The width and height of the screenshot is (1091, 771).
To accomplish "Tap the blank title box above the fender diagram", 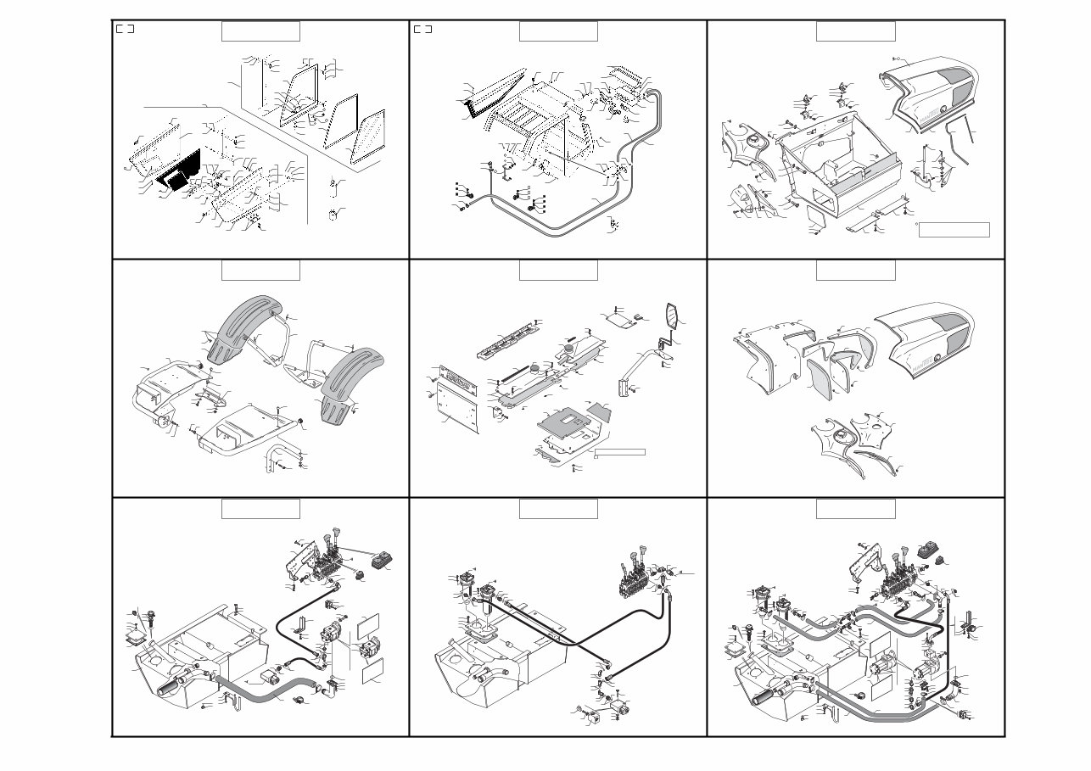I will tap(260, 270).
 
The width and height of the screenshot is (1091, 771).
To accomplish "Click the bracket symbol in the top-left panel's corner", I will tap(125, 29).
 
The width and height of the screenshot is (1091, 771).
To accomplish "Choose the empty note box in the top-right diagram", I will tap(954, 229).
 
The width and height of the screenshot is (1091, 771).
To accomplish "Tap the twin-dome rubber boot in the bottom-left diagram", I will tap(387, 561).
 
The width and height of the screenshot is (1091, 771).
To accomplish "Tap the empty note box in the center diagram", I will tap(620, 451).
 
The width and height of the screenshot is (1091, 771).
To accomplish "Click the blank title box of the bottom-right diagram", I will tap(855, 508).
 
